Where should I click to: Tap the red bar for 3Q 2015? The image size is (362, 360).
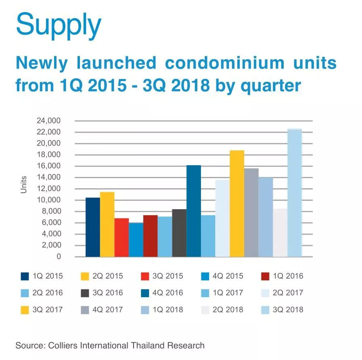point(121,237)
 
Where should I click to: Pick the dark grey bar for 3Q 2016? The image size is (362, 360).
point(179,233)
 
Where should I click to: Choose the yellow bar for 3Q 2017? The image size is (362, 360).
point(237,204)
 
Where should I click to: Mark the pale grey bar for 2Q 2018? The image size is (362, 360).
point(280,233)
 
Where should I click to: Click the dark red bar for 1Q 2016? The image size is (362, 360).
point(151,236)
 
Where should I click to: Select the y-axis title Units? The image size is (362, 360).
point(24,184)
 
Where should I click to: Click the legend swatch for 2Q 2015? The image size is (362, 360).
point(85,276)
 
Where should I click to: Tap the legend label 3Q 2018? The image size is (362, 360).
point(288,310)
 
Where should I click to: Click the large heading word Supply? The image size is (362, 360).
point(58,25)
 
